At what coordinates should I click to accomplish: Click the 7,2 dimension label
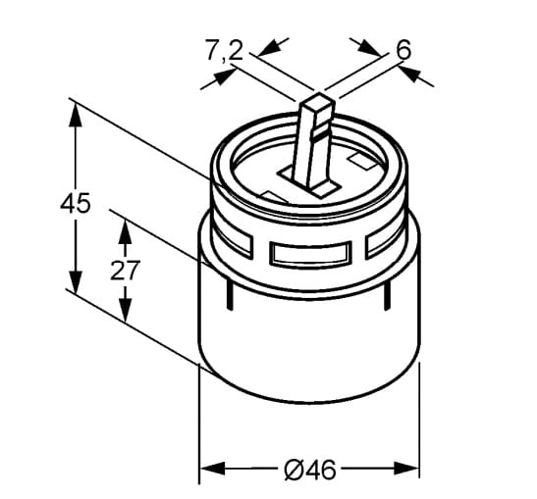pyautogui.click(x=224, y=51)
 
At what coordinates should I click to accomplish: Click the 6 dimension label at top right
pyautogui.click(x=403, y=50)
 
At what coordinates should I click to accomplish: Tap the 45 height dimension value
pyautogui.click(x=76, y=203)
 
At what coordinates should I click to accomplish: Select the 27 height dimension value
pyautogui.click(x=125, y=270)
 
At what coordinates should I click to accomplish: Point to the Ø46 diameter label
pyautogui.click(x=310, y=470)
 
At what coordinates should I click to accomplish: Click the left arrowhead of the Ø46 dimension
pyautogui.click(x=212, y=469)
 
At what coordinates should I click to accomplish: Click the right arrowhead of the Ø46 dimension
pyautogui.click(x=406, y=469)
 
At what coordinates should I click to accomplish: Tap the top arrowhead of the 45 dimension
pyautogui.click(x=76, y=115)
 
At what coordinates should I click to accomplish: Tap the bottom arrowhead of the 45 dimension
pyautogui.click(x=76, y=281)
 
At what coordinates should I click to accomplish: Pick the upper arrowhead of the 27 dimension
pyautogui.click(x=125, y=231)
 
